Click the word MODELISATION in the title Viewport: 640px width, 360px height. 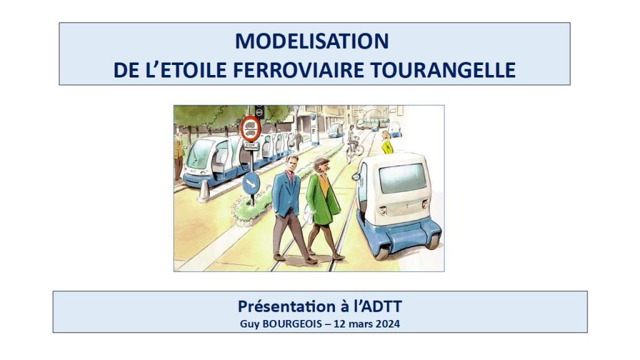(x=312, y=41)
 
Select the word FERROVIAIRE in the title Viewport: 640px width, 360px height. (x=299, y=70)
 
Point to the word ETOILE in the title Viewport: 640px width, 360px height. (x=194, y=70)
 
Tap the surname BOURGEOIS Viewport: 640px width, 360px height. (x=292, y=324)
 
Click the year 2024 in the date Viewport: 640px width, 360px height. (x=387, y=324)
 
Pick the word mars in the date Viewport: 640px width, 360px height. (x=361, y=324)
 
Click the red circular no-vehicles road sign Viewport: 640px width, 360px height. (x=250, y=128)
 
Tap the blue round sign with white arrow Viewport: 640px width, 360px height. (x=251, y=183)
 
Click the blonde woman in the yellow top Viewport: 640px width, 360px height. (x=386, y=142)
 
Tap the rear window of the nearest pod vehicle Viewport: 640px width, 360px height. (x=403, y=178)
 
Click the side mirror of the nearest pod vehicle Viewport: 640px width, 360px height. (x=356, y=177)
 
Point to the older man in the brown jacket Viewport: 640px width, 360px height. (x=179, y=155)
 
